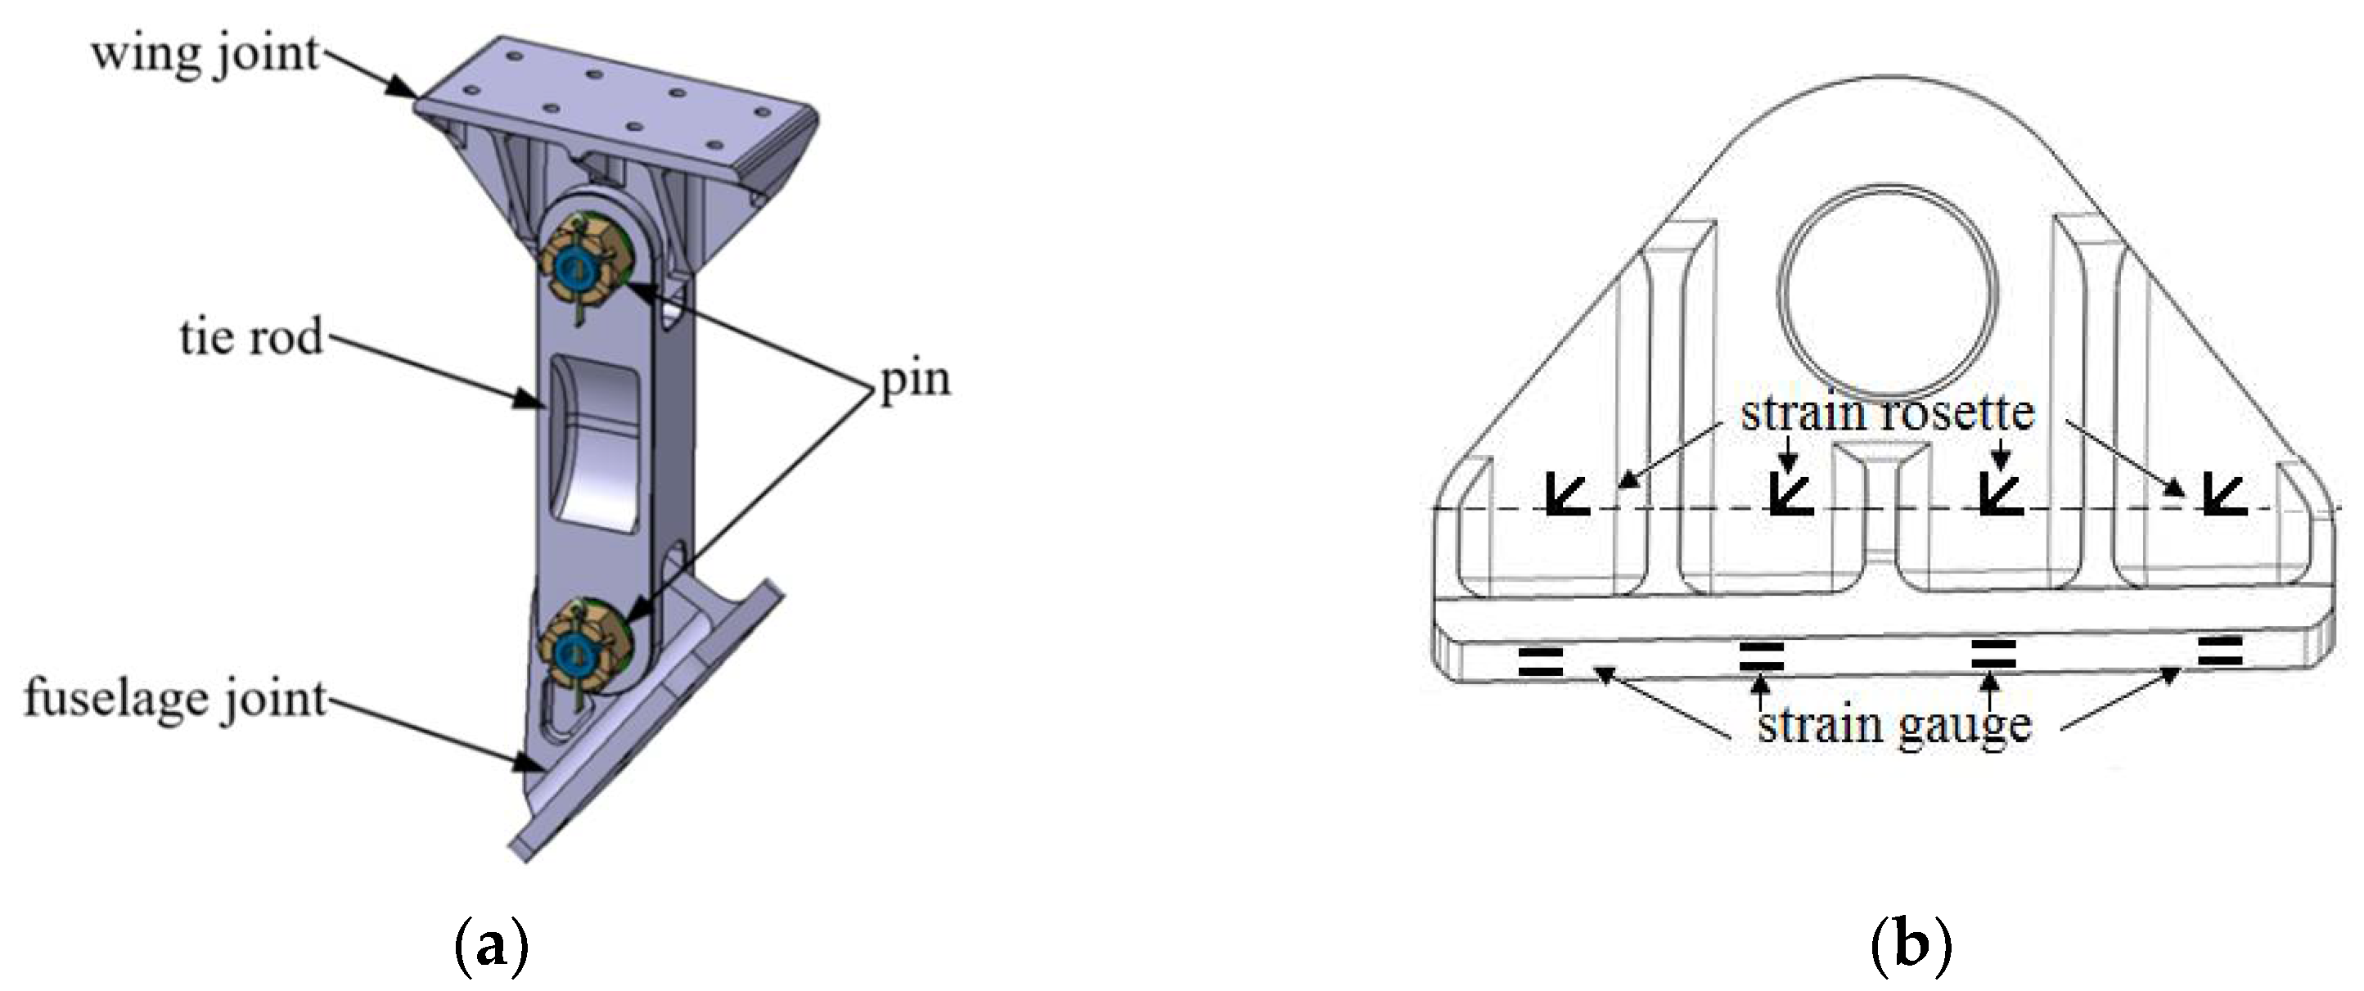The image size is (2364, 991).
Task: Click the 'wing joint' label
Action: pyautogui.click(x=205, y=54)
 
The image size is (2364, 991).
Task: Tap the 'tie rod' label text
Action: pyautogui.click(x=250, y=337)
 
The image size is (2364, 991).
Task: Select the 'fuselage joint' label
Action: pyautogui.click(x=175, y=699)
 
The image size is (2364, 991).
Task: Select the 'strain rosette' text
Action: pyautogui.click(x=1887, y=413)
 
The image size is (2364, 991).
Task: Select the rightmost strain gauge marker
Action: pyautogui.click(x=2220, y=651)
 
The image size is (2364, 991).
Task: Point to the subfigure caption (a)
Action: pyautogui.click(x=492, y=946)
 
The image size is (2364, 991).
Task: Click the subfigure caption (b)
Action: pyautogui.click(x=1910, y=946)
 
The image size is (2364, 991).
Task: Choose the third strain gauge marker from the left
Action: pyautogui.click(x=1993, y=654)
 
